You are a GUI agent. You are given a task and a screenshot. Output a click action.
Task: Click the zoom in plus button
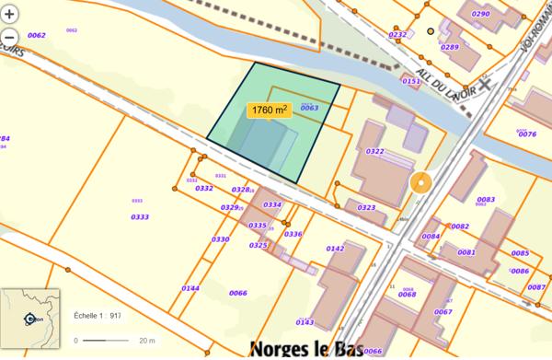point(10,15)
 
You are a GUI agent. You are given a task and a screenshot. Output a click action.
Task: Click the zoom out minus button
point(10,39)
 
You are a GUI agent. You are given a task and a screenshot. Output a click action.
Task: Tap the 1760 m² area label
point(269,110)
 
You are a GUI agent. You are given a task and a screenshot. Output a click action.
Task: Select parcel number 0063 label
point(309,108)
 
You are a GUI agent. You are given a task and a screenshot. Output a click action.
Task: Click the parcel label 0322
point(374,151)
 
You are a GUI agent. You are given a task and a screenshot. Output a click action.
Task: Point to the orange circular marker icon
point(420,183)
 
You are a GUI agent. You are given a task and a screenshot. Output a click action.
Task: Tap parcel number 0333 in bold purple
point(140,217)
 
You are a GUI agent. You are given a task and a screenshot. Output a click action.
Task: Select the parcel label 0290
point(480,15)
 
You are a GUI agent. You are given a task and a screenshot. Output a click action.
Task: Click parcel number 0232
point(397,35)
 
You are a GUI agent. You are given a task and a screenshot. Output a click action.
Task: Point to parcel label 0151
point(411,81)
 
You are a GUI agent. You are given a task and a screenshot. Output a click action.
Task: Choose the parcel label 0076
point(527,134)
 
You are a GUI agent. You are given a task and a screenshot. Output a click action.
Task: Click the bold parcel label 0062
point(37,36)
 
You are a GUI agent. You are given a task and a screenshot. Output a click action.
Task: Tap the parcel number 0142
point(335,249)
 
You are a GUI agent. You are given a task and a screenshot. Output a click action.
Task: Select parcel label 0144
point(190,288)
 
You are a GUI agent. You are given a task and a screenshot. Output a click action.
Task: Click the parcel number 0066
point(238,293)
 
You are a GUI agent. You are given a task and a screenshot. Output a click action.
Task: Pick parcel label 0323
point(366,208)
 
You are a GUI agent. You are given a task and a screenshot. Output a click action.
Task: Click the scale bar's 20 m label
point(145,341)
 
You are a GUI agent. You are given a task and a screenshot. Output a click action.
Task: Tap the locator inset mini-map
point(30,319)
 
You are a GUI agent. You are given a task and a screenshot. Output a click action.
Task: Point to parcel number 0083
point(486,199)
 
